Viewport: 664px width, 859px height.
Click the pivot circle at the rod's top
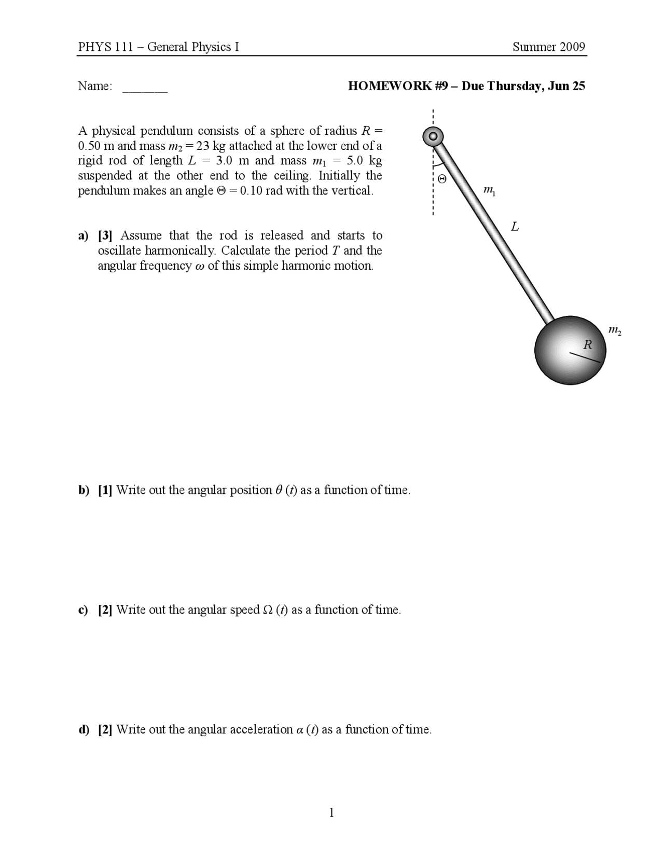pos(433,137)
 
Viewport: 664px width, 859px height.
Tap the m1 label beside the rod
pos(489,191)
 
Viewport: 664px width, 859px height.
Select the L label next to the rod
pos(515,227)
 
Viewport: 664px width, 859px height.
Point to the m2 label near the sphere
pos(615,330)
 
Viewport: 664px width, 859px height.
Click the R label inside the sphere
pos(588,344)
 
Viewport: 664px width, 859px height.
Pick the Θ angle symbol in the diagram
pos(441,179)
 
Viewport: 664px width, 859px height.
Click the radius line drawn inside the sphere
pos(585,357)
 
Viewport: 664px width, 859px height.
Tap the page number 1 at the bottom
pos(331,813)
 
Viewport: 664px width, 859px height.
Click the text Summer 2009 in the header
pos(549,47)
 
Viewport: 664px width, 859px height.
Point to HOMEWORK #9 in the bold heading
pos(397,86)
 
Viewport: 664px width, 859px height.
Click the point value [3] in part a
pos(105,235)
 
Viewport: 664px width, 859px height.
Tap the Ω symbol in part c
pos(268,610)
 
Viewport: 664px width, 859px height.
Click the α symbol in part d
pos(299,730)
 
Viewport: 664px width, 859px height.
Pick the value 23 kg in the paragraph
pos(211,146)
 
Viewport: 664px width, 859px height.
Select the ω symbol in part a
pos(200,266)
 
